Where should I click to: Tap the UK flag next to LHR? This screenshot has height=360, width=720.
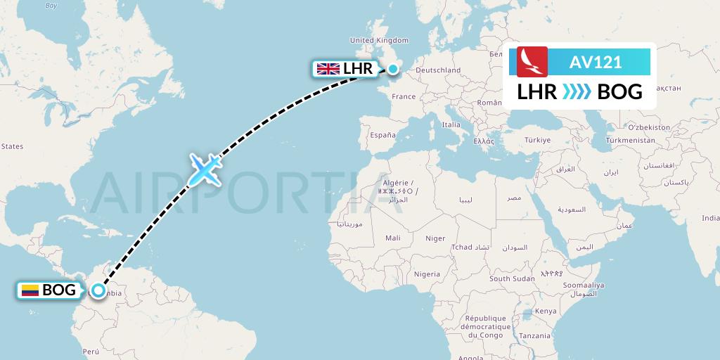(x=328, y=69)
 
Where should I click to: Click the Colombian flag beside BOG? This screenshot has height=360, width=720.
(x=30, y=290)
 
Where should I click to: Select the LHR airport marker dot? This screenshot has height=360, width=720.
(x=392, y=69)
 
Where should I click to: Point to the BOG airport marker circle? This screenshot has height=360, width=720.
(x=99, y=290)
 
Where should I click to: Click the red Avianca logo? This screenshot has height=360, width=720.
(x=532, y=62)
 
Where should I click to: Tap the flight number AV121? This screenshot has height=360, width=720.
(x=596, y=62)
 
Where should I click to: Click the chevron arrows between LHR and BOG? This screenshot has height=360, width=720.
(x=577, y=92)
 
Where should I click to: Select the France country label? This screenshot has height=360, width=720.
(x=404, y=96)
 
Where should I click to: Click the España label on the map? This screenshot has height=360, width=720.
(x=382, y=134)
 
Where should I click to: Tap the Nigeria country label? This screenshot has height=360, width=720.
(x=427, y=274)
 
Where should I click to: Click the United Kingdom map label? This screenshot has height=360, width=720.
(x=379, y=40)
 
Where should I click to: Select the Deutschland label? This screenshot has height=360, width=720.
(x=438, y=70)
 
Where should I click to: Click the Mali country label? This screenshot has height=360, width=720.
(x=393, y=238)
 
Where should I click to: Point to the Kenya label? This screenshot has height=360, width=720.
(x=545, y=311)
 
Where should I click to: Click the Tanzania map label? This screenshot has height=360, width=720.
(x=536, y=335)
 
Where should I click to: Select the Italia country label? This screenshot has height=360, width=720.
(x=451, y=124)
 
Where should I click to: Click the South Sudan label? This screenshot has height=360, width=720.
(x=510, y=278)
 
